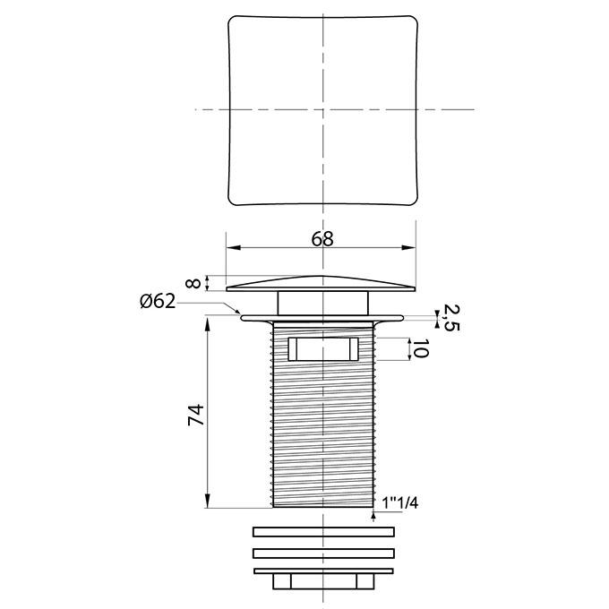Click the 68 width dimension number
(x=322, y=239)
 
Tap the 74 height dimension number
(x=196, y=415)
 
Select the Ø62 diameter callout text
(x=158, y=301)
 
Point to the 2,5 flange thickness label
(x=450, y=317)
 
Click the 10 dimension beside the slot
(x=421, y=348)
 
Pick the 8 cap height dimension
(x=194, y=283)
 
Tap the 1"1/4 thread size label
(x=400, y=503)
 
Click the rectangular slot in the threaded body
(x=323, y=349)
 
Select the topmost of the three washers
(x=323, y=532)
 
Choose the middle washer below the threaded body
(x=323, y=553)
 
